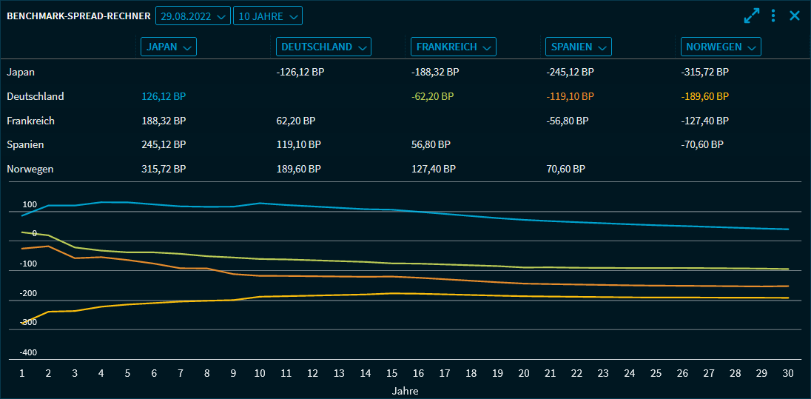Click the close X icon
click(795, 16)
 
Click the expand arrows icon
click(752, 16)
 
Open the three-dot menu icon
click(773, 16)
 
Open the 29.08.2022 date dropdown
click(192, 16)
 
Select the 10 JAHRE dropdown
click(267, 16)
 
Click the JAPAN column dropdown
click(169, 47)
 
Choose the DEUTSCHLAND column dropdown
click(323, 47)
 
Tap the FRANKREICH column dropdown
click(453, 47)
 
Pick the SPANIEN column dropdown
click(579, 47)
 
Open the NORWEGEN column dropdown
click(721, 47)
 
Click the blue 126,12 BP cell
click(164, 96)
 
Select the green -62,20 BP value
click(433, 96)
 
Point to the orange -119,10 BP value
click(570, 96)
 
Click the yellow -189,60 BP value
click(705, 96)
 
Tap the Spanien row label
click(25, 144)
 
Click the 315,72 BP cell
click(164, 169)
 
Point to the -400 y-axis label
click(28, 352)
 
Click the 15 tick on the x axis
click(391, 374)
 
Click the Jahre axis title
click(405, 391)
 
